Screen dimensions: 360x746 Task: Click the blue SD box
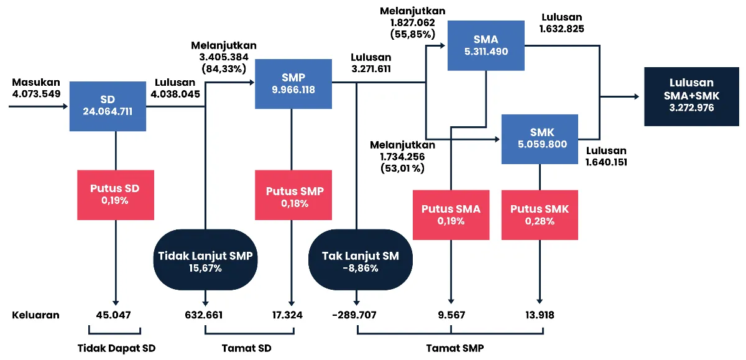coord(108,106)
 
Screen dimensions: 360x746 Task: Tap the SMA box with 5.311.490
coord(486,45)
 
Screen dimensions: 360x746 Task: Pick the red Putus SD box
coord(116,195)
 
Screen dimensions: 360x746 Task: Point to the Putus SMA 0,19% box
coord(451,215)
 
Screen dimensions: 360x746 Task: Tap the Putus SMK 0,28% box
coord(539,215)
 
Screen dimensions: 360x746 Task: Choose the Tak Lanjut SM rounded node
coord(360,261)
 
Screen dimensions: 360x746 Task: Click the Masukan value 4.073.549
coord(36,95)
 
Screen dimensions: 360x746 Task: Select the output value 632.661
coord(203,315)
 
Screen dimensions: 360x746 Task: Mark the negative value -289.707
coord(354,315)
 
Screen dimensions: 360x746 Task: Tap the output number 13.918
coord(539,315)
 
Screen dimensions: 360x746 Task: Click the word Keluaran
coord(36,315)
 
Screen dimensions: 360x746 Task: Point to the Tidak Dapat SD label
coord(116,348)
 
